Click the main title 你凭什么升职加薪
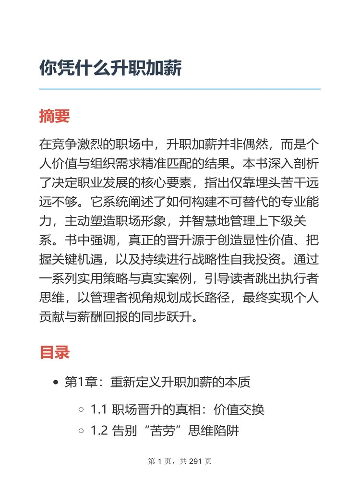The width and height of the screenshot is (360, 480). pos(110,68)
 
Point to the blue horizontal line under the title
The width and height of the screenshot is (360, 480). pos(180,89)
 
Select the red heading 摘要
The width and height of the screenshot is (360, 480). pos(54,116)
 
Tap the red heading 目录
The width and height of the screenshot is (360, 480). pos(54,352)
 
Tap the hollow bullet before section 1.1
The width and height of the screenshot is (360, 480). pos(81,410)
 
